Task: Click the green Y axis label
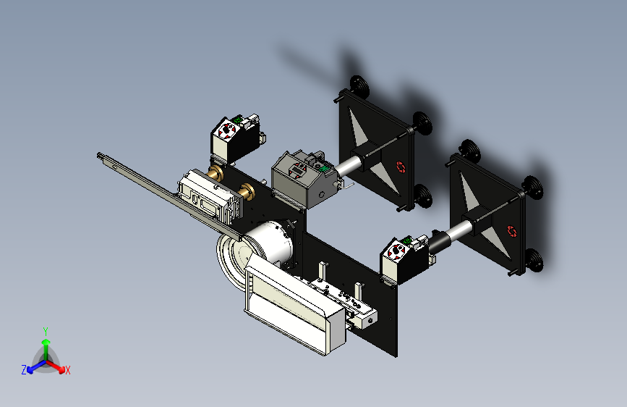(x=46, y=332)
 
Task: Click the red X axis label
(x=67, y=371)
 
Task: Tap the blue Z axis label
(x=24, y=370)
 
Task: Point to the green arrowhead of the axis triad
(x=46, y=342)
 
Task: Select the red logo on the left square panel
(x=401, y=167)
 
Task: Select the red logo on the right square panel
(x=512, y=231)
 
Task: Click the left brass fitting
(x=216, y=174)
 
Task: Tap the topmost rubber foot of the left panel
(x=359, y=85)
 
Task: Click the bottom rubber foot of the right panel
(x=534, y=261)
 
